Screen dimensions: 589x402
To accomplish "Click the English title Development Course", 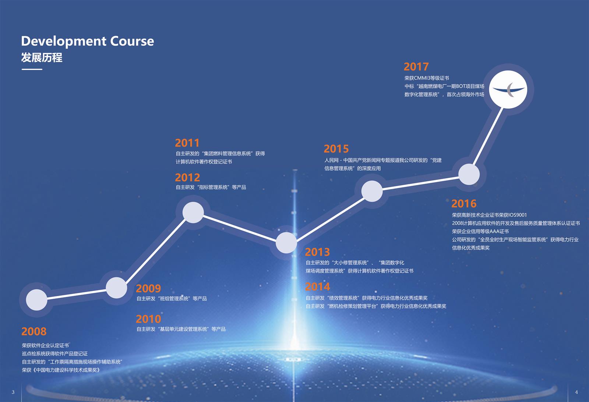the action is coord(88,42).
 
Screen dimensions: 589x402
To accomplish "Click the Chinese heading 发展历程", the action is coord(42,57).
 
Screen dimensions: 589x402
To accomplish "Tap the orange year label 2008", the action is coord(34,331).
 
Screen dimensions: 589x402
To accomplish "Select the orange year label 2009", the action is coord(148,288).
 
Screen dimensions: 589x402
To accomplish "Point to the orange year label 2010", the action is coord(148,319).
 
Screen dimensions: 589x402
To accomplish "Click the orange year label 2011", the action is coord(187,143).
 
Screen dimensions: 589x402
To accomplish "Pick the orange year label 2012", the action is coord(187,178).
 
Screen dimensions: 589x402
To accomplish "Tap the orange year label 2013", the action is coord(317,252).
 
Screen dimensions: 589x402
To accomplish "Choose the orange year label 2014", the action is coord(317,287).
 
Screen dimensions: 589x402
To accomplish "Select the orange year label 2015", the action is coord(336,149).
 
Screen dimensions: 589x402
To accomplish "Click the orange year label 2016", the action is coord(464,204).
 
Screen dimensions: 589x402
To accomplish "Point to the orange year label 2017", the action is coord(416,67).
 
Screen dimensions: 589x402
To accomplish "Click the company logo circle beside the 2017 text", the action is coord(508,89).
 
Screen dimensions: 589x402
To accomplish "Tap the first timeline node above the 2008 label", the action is coord(36,300).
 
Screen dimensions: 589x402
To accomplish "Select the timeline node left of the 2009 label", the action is coord(116,288).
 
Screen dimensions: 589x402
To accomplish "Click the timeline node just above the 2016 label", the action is coord(469,174).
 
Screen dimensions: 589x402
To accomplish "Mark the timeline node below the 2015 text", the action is coord(372,191).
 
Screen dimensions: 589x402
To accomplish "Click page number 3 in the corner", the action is coord(13,392).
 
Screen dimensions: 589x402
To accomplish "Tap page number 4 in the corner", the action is coord(576,392).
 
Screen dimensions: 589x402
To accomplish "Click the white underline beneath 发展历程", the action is coord(32,70).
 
